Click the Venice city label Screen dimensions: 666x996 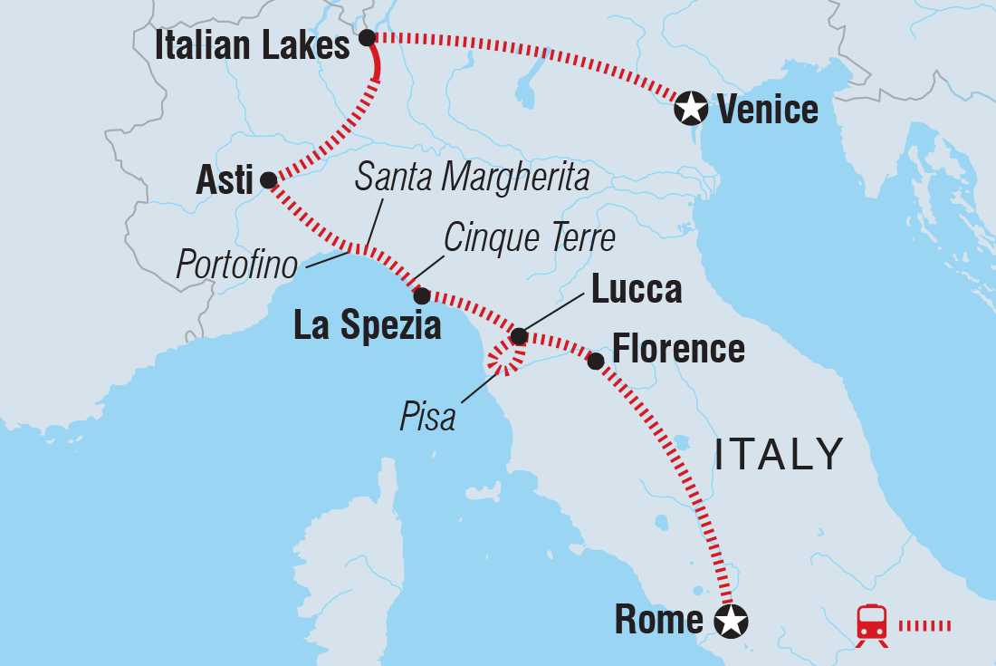point(767,110)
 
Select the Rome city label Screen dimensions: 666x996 point(658,620)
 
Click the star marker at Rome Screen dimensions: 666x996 point(731,622)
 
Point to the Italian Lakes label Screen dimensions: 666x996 point(253,46)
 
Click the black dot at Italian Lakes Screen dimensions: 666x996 point(367,37)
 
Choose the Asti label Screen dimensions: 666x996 point(225,181)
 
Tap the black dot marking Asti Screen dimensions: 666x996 point(268,180)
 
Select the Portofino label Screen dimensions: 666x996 point(237,265)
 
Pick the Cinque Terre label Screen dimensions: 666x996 point(530,238)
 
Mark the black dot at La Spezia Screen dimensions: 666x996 point(421,295)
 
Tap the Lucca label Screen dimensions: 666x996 point(636,290)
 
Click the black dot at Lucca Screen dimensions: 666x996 point(519,337)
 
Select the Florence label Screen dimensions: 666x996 point(678,349)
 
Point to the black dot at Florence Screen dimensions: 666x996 point(596,362)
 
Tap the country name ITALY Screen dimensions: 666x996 point(779,454)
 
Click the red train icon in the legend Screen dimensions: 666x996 point(871,624)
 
